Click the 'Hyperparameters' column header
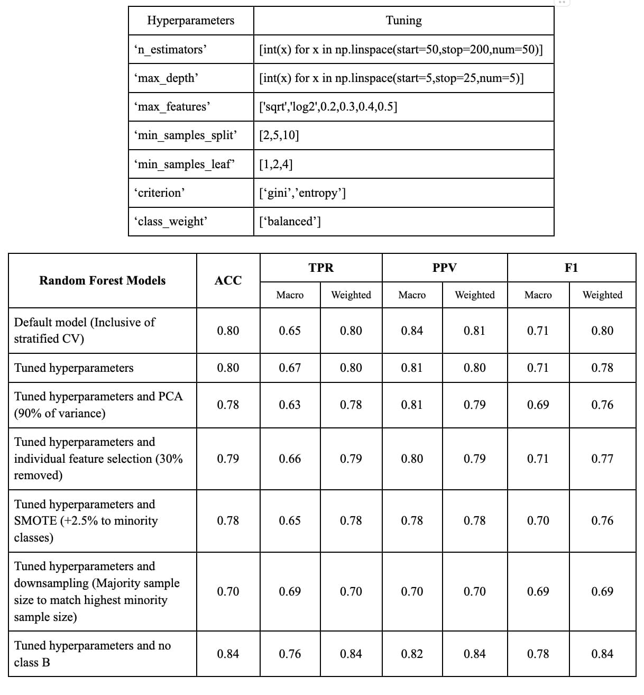(x=190, y=21)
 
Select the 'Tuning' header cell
(x=403, y=21)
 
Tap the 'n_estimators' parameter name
(x=171, y=50)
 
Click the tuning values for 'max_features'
(x=328, y=107)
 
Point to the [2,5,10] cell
(x=279, y=135)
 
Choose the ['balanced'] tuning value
(x=290, y=222)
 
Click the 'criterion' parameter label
(x=161, y=193)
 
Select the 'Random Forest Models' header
(x=102, y=281)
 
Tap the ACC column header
(x=228, y=281)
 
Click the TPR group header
(x=321, y=268)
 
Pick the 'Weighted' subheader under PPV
(x=474, y=295)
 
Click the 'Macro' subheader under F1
(x=538, y=295)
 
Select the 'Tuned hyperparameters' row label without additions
(x=74, y=368)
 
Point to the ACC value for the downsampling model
(x=228, y=592)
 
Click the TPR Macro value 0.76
(x=290, y=654)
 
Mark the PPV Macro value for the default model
(x=411, y=331)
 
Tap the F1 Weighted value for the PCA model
(x=602, y=405)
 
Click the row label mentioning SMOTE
(x=86, y=521)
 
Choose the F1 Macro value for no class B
(x=538, y=654)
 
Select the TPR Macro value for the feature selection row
(x=290, y=459)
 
